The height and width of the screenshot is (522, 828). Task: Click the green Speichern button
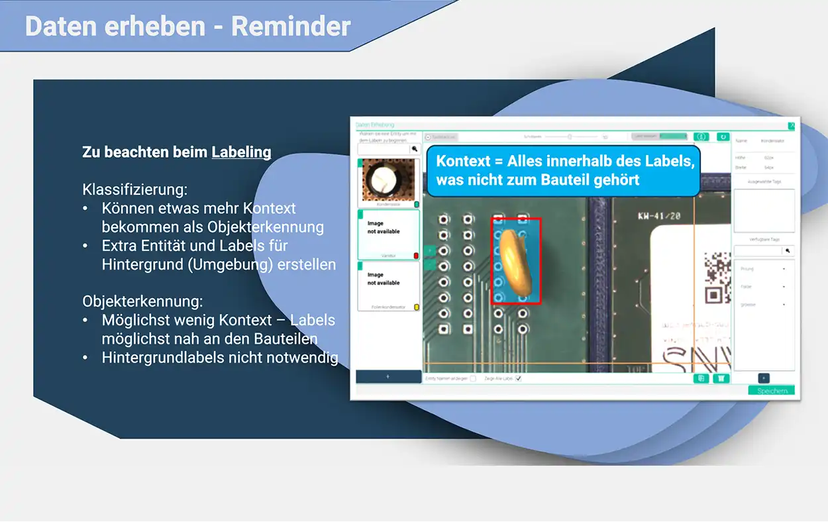771,391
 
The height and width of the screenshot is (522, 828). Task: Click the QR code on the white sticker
717,272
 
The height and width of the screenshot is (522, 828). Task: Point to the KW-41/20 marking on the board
658,216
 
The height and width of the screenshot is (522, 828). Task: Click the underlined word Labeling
241,152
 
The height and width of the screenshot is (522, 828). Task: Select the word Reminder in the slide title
291,26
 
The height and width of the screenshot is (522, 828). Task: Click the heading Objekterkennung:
142,301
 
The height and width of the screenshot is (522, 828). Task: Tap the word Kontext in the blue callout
462,161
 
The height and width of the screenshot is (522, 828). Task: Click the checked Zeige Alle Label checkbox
519,378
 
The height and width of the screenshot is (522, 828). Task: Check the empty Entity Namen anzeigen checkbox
472,378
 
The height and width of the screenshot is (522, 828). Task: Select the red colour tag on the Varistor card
416,256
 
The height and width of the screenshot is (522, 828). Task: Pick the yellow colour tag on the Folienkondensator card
416,307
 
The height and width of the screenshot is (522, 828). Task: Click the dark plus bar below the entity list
388,376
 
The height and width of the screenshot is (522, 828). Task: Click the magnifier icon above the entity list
415,149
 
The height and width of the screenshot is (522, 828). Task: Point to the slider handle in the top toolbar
569,136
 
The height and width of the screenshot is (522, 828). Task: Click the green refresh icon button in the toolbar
723,136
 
